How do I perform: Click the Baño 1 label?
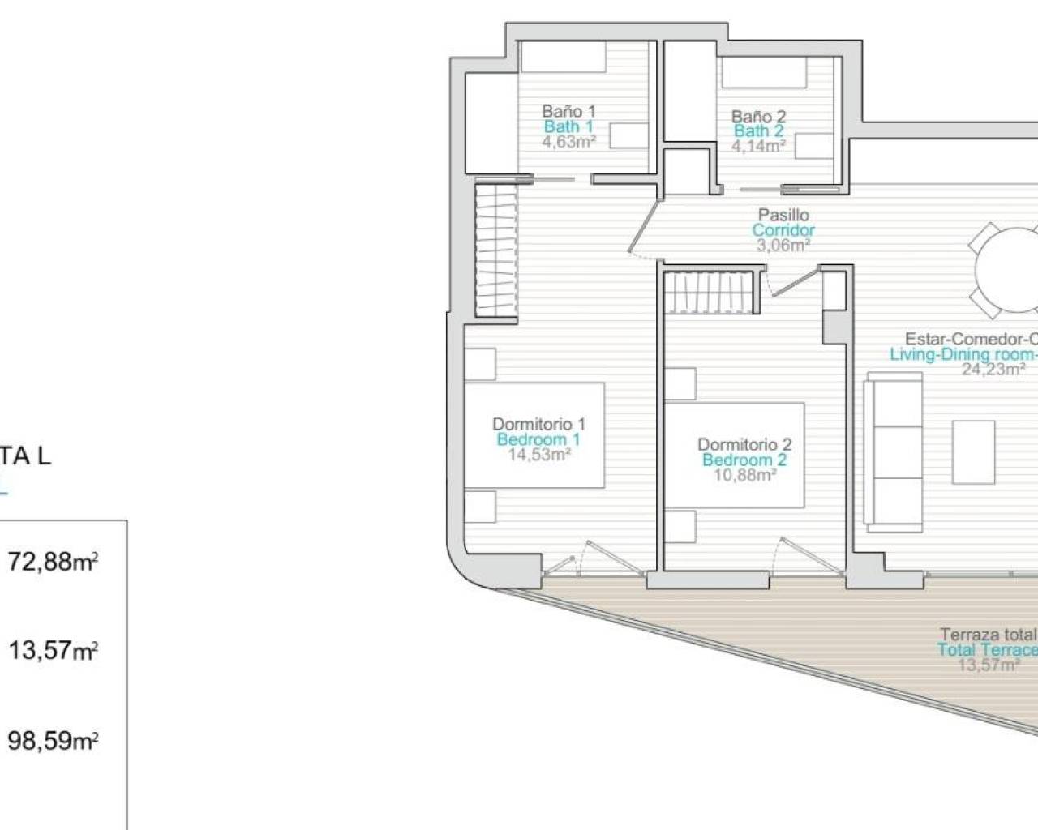pos(568,111)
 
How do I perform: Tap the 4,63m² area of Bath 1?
pos(568,142)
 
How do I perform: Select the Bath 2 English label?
pos(758,131)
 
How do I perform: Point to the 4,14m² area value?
pos(758,147)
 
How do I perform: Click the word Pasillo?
pos(783,215)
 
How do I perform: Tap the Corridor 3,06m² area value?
pos(783,245)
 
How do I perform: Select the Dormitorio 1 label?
pos(538,424)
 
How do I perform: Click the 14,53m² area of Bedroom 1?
pos(538,455)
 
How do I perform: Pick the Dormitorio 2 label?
pos(744,444)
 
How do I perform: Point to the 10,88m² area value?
pos(744,475)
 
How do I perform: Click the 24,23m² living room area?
pos(993,370)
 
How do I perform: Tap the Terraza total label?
pos(988,635)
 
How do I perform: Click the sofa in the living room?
pos(893,451)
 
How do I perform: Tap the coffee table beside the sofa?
pos(973,451)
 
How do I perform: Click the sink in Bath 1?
pos(628,135)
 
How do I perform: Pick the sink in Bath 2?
pos(815,147)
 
